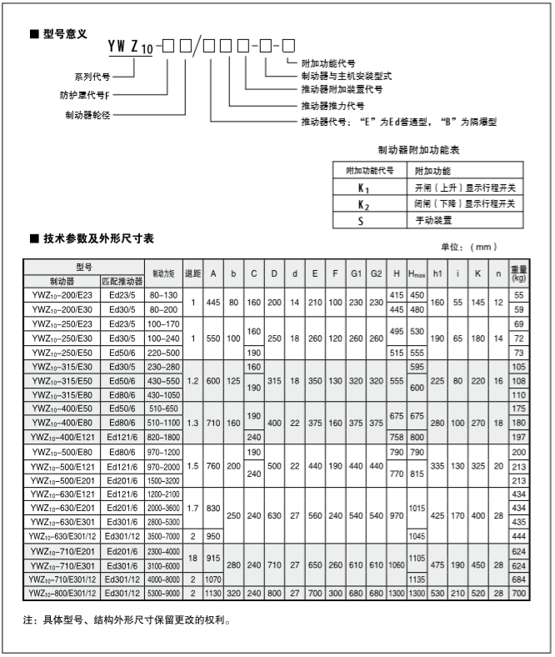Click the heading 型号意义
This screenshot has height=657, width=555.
(x=66, y=35)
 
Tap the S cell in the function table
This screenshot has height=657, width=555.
(x=362, y=221)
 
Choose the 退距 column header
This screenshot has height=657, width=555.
(x=192, y=274)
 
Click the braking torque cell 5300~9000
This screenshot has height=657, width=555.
(x=163, y=594)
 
